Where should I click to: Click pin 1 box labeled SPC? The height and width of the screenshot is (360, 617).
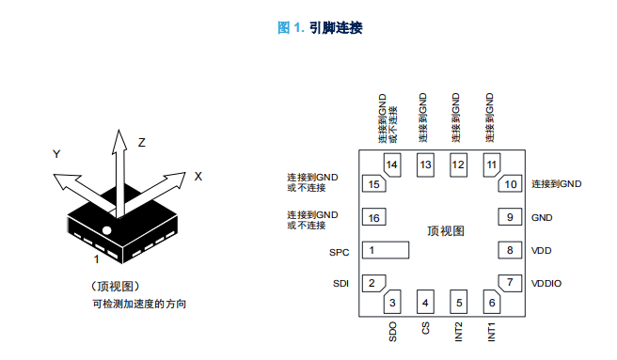(386, 250)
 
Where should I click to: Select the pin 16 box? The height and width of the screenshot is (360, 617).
(373, 217)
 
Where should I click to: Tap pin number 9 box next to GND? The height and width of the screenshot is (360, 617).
(510, 217)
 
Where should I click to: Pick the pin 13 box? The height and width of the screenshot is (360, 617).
(425, 164)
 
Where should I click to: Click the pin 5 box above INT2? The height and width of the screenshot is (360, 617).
(458, 302)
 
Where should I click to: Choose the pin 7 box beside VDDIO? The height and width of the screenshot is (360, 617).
(511, 283)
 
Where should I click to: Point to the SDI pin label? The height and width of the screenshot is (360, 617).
(340, 284)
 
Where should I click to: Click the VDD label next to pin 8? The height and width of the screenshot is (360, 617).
(542, 251)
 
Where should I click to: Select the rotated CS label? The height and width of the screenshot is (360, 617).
(425, 328)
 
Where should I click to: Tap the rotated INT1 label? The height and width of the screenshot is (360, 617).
(492, 332)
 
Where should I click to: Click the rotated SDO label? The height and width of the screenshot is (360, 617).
(392, 332)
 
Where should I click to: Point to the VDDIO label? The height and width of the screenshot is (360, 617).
(546, 284)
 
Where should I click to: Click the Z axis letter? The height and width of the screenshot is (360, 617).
(142, 143)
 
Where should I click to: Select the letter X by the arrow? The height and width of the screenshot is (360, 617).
(198, 177)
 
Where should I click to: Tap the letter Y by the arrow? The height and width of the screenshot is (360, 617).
(56, 154)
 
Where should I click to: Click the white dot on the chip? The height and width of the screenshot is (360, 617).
(106, 230)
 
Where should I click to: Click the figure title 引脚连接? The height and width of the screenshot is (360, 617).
(336, 28)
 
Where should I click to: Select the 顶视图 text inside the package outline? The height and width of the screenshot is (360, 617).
(446, 231)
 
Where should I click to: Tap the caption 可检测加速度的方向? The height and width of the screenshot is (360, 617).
(139, 305)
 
